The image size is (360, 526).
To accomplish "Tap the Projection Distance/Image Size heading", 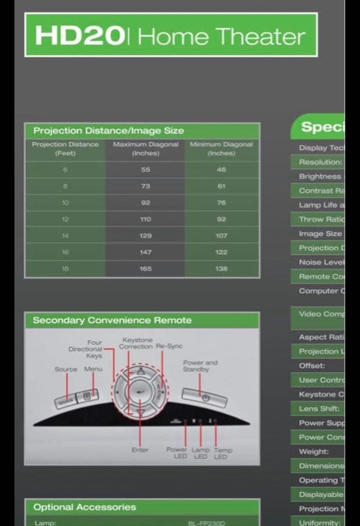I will click(109, 131).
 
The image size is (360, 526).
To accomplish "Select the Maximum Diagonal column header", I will click(146, 149).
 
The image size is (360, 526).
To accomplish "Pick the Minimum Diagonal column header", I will click(221, 149).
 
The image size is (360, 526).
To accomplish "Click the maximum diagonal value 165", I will click(146, 268).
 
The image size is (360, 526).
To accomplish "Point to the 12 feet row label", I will click(65, 219).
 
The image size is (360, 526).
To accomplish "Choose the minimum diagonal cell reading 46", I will click(221, 169).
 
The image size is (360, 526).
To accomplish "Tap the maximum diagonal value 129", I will click(146, 236).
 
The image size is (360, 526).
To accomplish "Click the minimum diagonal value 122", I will click(221, 252).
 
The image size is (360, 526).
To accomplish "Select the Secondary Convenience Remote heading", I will click(112, 320).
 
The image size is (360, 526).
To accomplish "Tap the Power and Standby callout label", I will click(200, 366).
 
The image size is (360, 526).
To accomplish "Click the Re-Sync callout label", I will click(169, 346).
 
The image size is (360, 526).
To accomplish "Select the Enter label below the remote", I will click(140, 450).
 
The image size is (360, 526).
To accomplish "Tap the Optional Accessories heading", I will click(84, 507).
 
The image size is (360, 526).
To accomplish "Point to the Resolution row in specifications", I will click(320, 162).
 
